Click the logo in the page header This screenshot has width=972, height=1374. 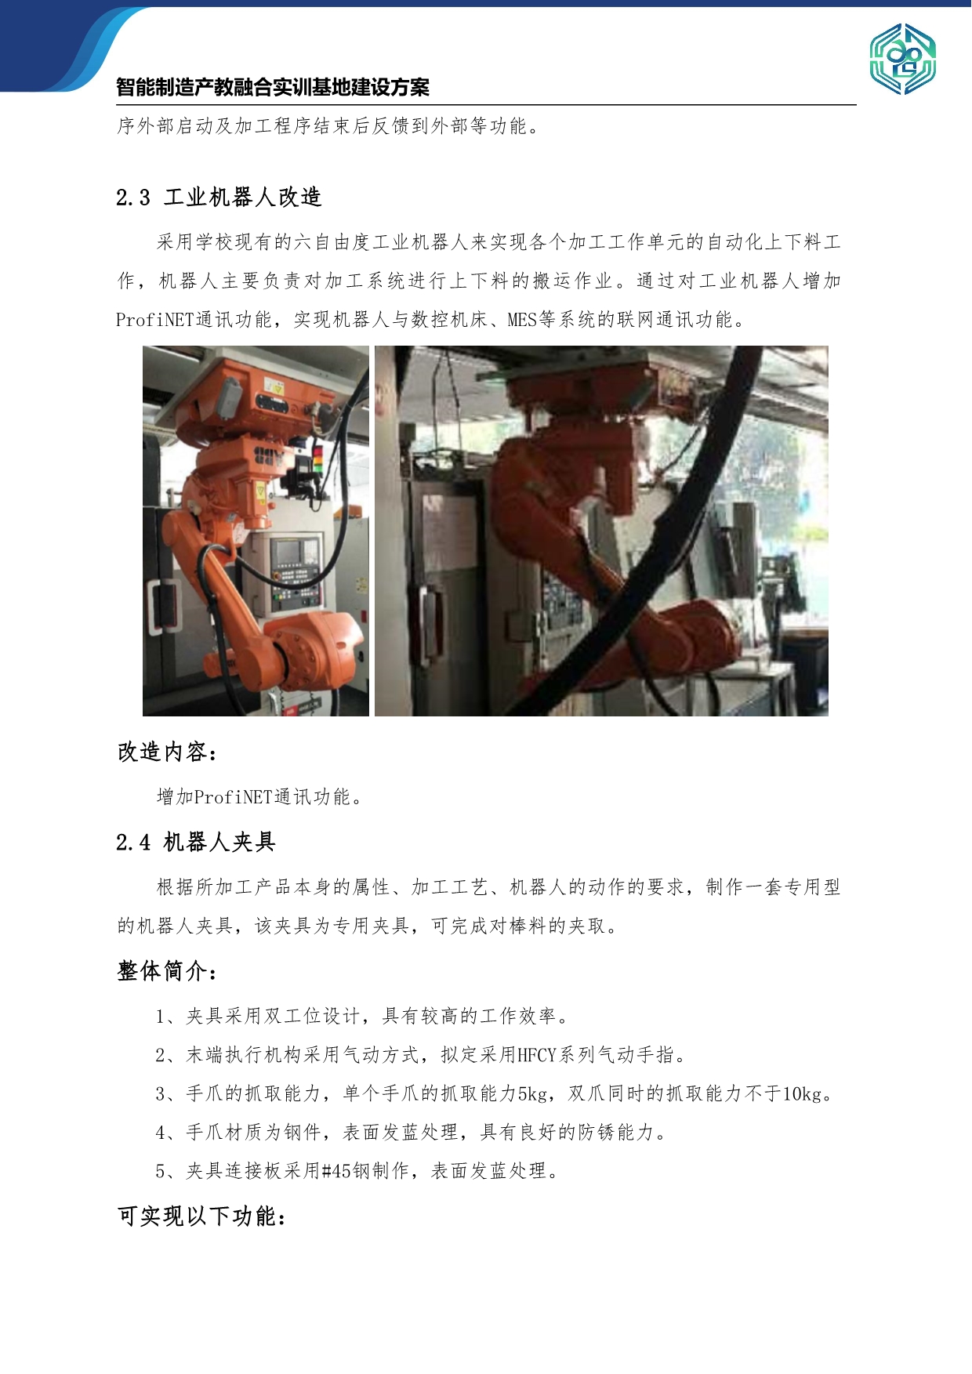(x=902, y=59)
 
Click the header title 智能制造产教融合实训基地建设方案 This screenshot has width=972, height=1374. (x=273, y=87)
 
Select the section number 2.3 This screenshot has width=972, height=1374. (x=133, y=198)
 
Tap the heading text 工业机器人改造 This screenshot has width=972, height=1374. (x=243, y=197)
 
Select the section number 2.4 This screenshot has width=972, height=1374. (x=133, y=843)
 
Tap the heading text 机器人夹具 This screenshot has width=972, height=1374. (x=219, y=842)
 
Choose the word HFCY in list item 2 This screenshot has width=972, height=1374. (x=536, y=1055)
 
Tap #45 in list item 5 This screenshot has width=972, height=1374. (x=336, y=1171)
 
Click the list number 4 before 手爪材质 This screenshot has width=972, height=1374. (x=161, y=1133)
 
